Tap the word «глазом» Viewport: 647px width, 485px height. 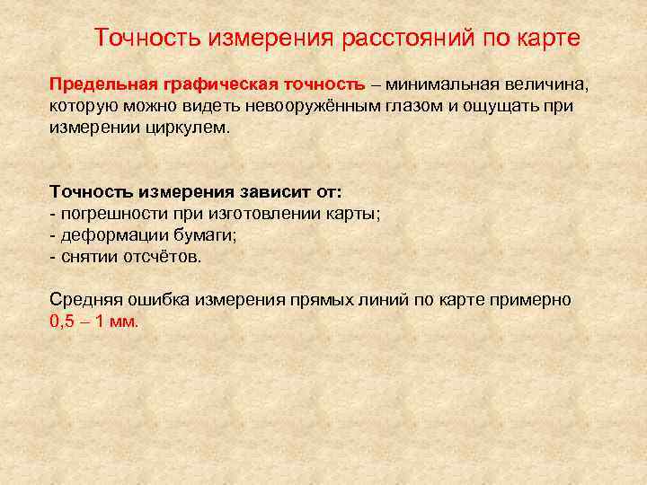(x=412, y=107)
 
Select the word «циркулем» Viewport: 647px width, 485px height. (x=190, y=128)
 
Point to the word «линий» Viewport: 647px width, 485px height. (x=385, y=300)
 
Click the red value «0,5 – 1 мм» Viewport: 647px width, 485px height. (x=93, y=322)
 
